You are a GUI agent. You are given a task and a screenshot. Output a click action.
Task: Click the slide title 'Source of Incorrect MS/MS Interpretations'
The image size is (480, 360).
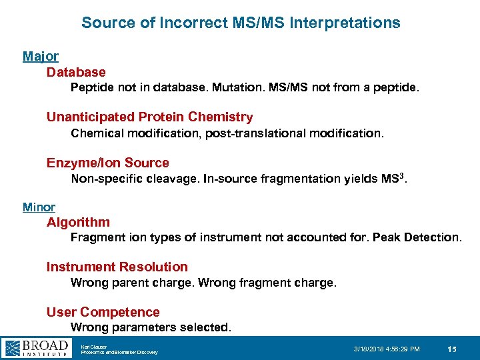click(241, 23)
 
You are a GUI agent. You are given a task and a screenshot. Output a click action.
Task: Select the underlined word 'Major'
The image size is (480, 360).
click(41, 57)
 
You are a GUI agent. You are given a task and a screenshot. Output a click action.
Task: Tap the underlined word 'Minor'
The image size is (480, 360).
click(39, 207)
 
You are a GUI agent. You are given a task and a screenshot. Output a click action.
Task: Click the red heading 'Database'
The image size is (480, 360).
click(76, 72)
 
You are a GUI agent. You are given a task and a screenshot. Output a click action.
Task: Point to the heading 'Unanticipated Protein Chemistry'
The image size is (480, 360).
click(149, 117)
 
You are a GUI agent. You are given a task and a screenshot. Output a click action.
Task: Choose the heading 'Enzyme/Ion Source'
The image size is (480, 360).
click(107, 163)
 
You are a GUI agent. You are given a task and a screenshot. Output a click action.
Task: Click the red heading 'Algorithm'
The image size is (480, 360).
click(78, 222)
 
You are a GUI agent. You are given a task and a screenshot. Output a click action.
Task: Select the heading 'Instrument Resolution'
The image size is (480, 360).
click(117, 267)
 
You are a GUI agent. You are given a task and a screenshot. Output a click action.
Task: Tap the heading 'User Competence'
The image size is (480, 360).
click(103, 312)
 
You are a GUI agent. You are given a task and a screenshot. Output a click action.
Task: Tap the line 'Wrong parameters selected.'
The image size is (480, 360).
click(151, 327)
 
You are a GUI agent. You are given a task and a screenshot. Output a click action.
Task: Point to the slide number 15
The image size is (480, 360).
click(452, 349)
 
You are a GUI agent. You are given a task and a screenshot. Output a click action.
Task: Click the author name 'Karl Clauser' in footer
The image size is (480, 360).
click(94, 345)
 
